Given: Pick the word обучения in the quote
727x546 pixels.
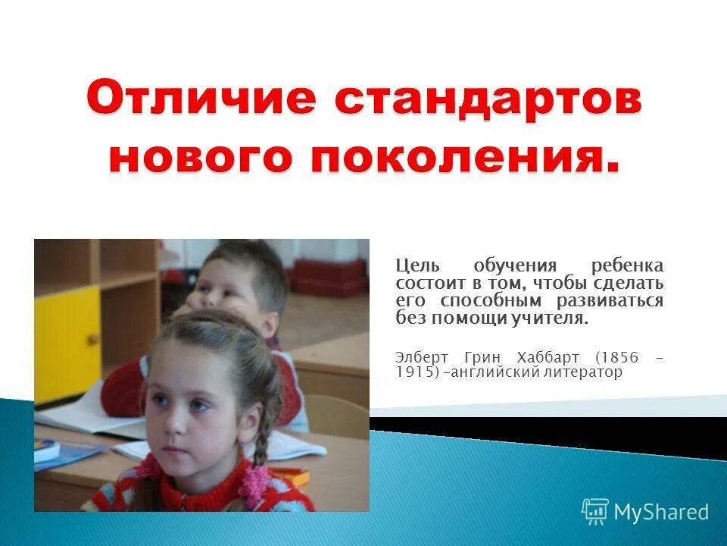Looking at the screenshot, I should coord(515,266).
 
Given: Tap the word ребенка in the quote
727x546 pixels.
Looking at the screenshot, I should coord(627,266).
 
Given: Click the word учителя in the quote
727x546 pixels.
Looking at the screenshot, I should coord(554,318).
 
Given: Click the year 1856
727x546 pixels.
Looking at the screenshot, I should coord(616,356).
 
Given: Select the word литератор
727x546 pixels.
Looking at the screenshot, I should coord(582,372).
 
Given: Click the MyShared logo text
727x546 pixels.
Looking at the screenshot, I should coord(660,512).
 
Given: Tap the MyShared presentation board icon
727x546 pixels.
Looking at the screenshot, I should coord(594,512).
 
